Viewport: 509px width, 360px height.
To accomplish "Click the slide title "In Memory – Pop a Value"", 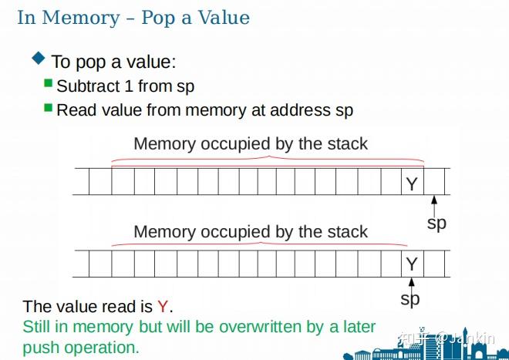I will pos(133,18).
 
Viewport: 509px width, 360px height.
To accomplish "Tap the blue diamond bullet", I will pos(39,58).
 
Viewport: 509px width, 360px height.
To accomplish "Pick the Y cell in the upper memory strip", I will pos(411,183).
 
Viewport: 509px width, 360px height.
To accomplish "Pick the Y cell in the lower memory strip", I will pos(411,264).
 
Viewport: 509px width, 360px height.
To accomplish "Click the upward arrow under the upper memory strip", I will pos(434,205).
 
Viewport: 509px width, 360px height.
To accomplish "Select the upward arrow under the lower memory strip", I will pos(411,285).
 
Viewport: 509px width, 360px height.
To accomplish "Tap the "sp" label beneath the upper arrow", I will pos(437,224).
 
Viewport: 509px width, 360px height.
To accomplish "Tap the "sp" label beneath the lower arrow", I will pos(410,298).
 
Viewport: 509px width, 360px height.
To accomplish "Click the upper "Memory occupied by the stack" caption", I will pos(251,143).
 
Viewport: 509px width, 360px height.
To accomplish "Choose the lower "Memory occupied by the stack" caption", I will pos(251,231).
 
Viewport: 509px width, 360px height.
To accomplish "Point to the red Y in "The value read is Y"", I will pos(162,306).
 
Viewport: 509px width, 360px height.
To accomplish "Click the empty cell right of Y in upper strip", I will pos(434,183).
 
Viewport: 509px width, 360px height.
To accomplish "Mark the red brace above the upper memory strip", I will pos(268,159).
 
